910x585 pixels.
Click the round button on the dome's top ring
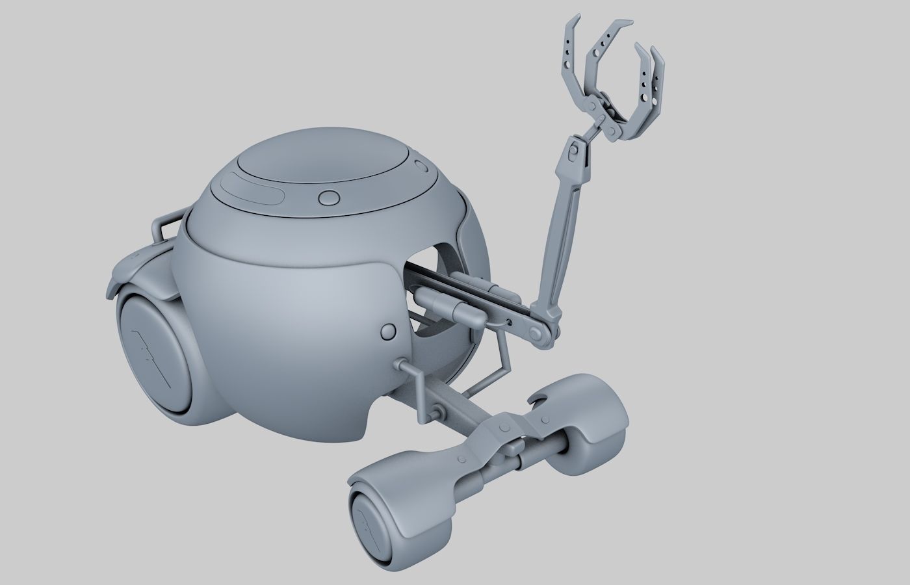pyautogui.click(x=329, y=197)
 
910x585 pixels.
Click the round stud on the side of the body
pyautogui.click(x=389, y=331)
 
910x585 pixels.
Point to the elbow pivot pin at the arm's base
pyautogui.click(x=538, y=334)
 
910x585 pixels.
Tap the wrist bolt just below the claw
pyautogui.click(x=574, y=151)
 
